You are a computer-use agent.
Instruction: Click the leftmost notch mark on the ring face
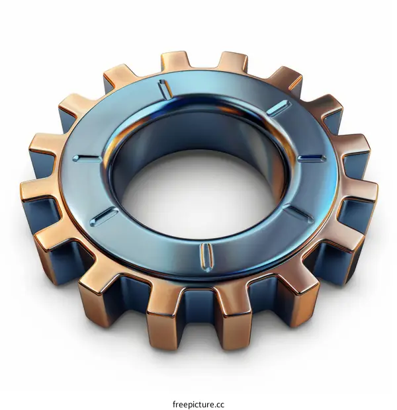87,157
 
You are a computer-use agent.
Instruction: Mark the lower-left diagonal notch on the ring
105,215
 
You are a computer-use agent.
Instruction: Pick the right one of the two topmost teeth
233,61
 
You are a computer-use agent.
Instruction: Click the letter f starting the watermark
173,386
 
